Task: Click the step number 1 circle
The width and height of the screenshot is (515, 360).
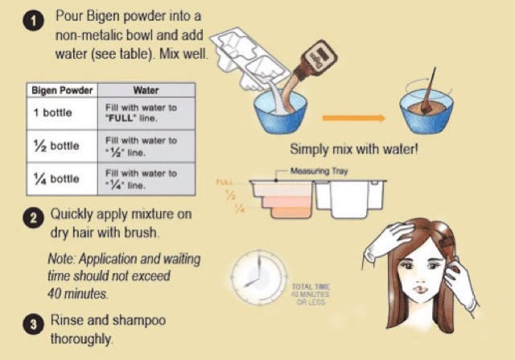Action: pos(31,23)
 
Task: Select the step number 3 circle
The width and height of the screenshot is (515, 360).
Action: pos(31,326)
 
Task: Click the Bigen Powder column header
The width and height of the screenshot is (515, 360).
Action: pos(61,91)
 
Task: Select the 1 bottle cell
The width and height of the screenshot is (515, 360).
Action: pos(55,113)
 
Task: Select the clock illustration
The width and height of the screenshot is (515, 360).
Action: pos(256,278)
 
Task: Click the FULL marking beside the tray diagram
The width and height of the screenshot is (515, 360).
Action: pos(225,183)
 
